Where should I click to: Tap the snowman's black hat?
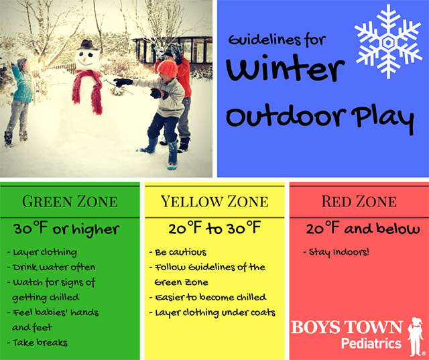87,46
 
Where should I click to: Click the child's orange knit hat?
167,68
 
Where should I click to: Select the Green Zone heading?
70,201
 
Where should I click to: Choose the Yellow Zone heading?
214,201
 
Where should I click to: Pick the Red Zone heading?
359,201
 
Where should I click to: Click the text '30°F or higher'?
66,229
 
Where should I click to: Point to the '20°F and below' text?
359,229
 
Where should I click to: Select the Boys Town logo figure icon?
416,335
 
